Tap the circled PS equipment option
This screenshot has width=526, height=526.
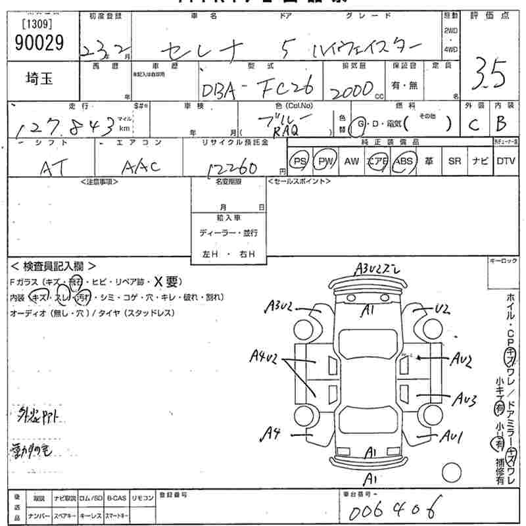coord(300,161)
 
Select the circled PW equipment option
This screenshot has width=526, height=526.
coord(325,161)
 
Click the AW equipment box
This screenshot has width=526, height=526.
coord(352,161)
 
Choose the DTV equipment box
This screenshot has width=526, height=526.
coord(506,161)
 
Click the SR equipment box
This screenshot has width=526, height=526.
coord(454,161)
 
